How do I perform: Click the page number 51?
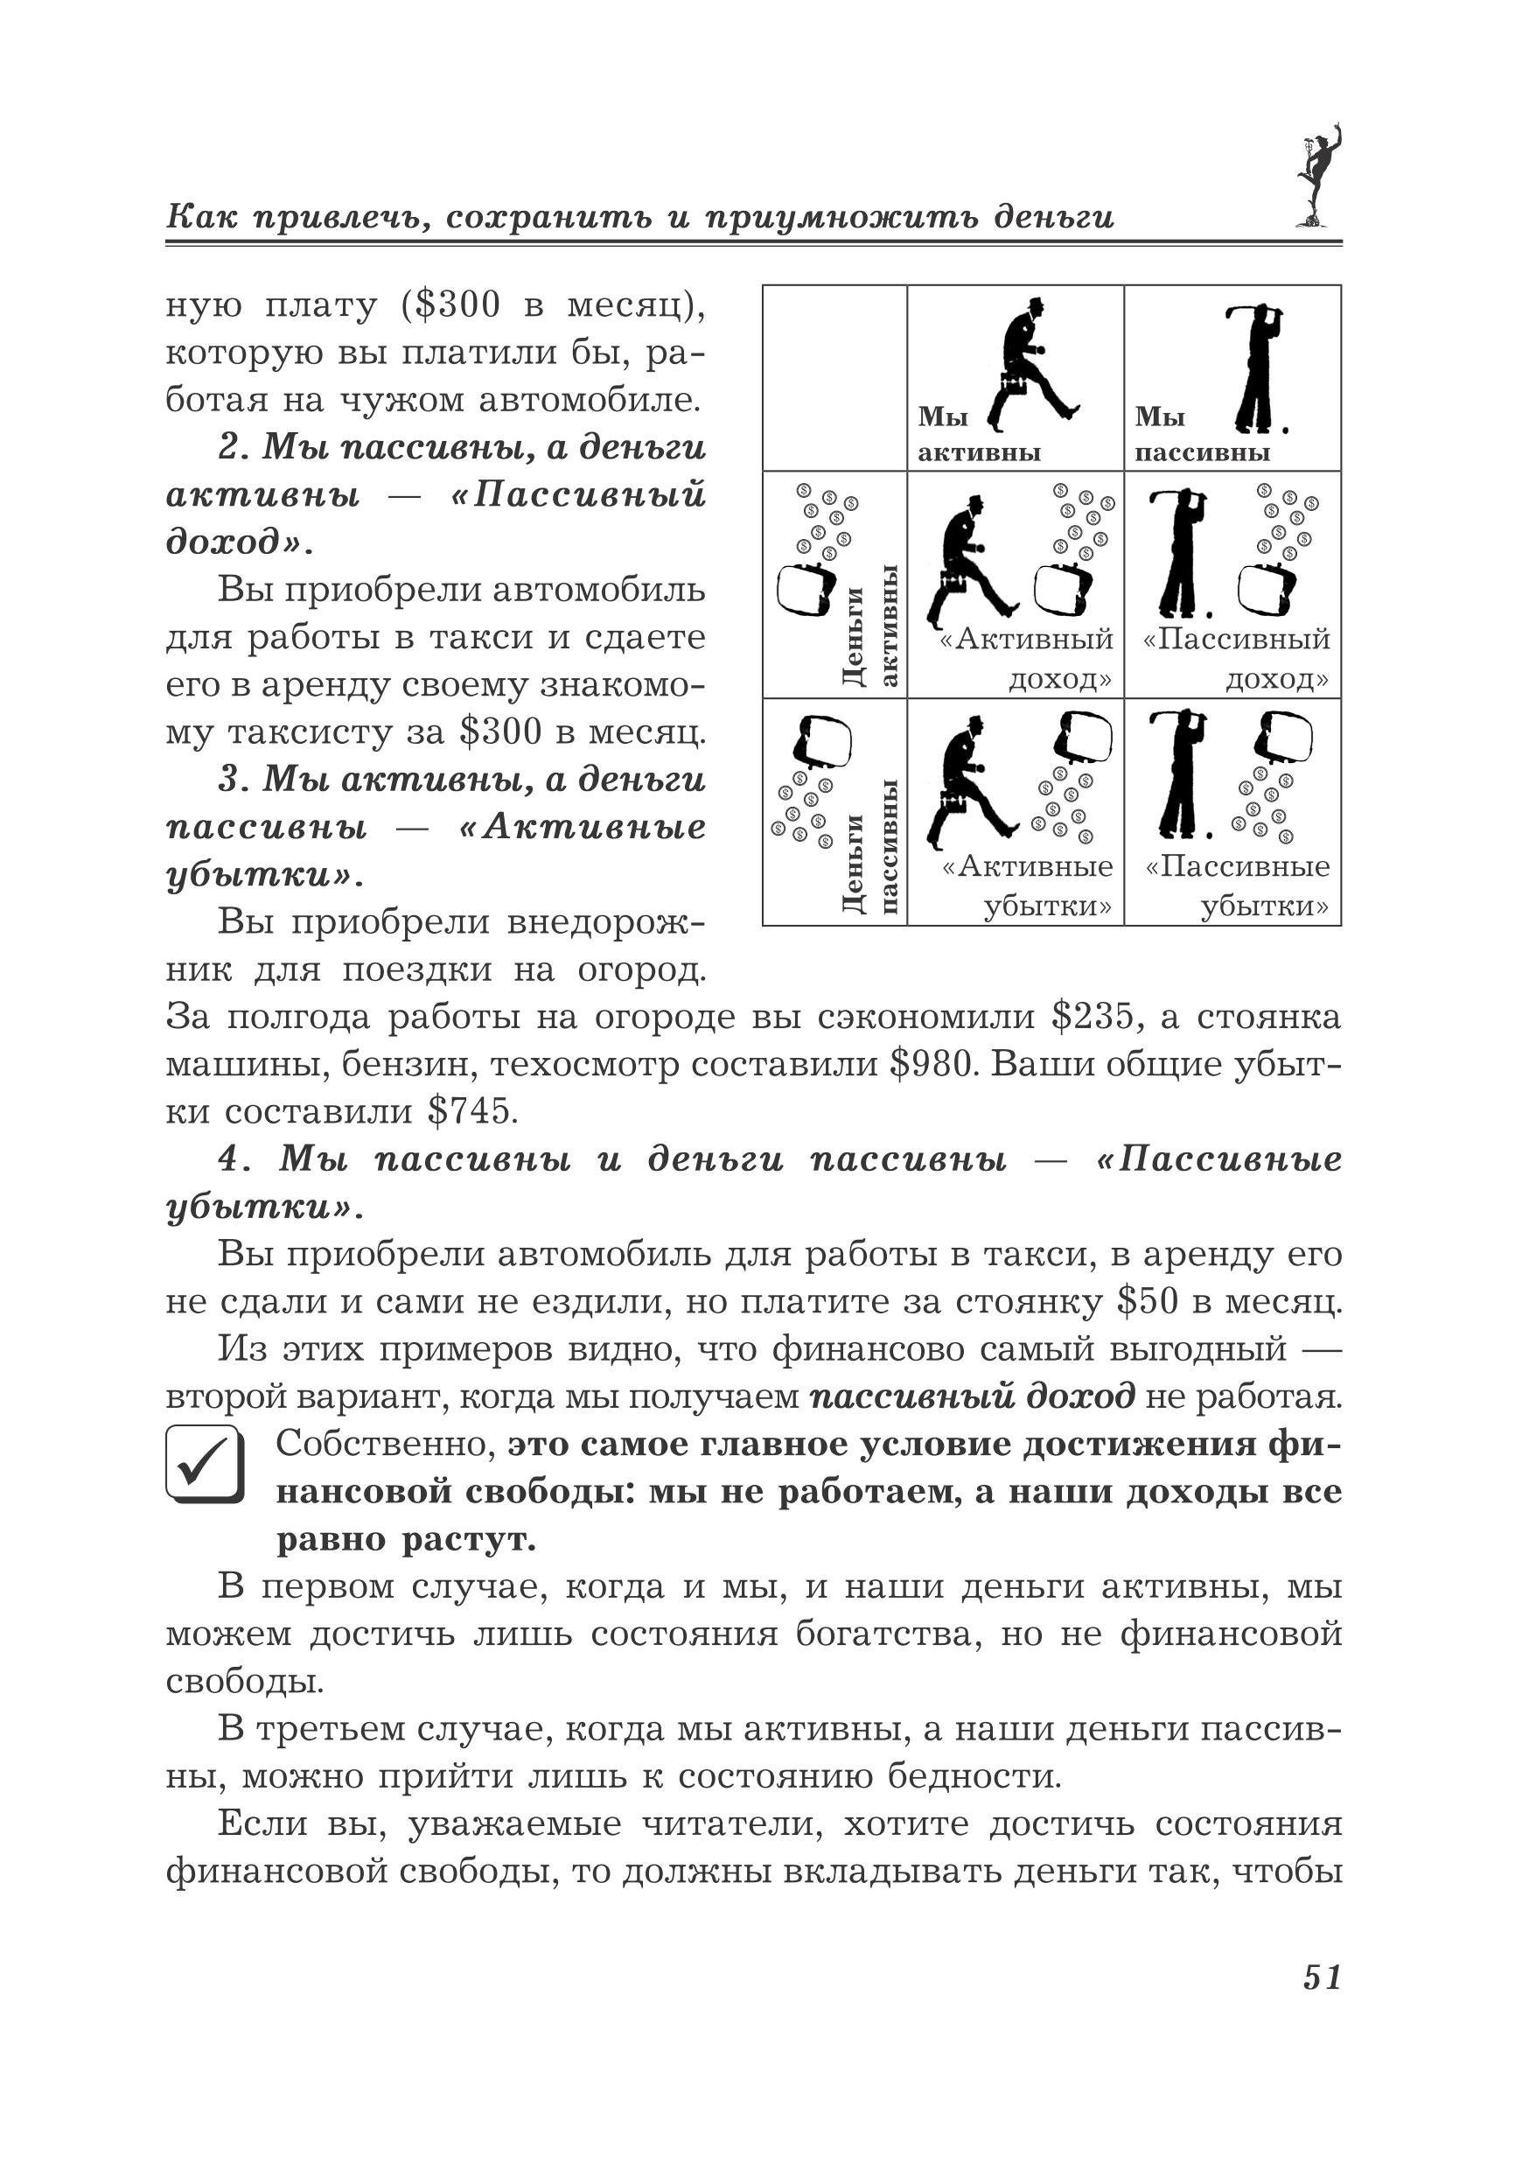coord(1321,1977)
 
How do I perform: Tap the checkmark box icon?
coord(204,1464)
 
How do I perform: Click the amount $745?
coord(472,1111)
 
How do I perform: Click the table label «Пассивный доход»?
coord(1235,659)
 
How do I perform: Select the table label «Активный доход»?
coord(1026,659)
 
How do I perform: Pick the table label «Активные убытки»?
coord(1027,885)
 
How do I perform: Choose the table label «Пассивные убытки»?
coord(1237,885)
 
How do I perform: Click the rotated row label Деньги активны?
coord(869,628)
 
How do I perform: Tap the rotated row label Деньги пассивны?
coord(869,846)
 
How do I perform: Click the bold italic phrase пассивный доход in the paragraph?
coord(973,1396)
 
